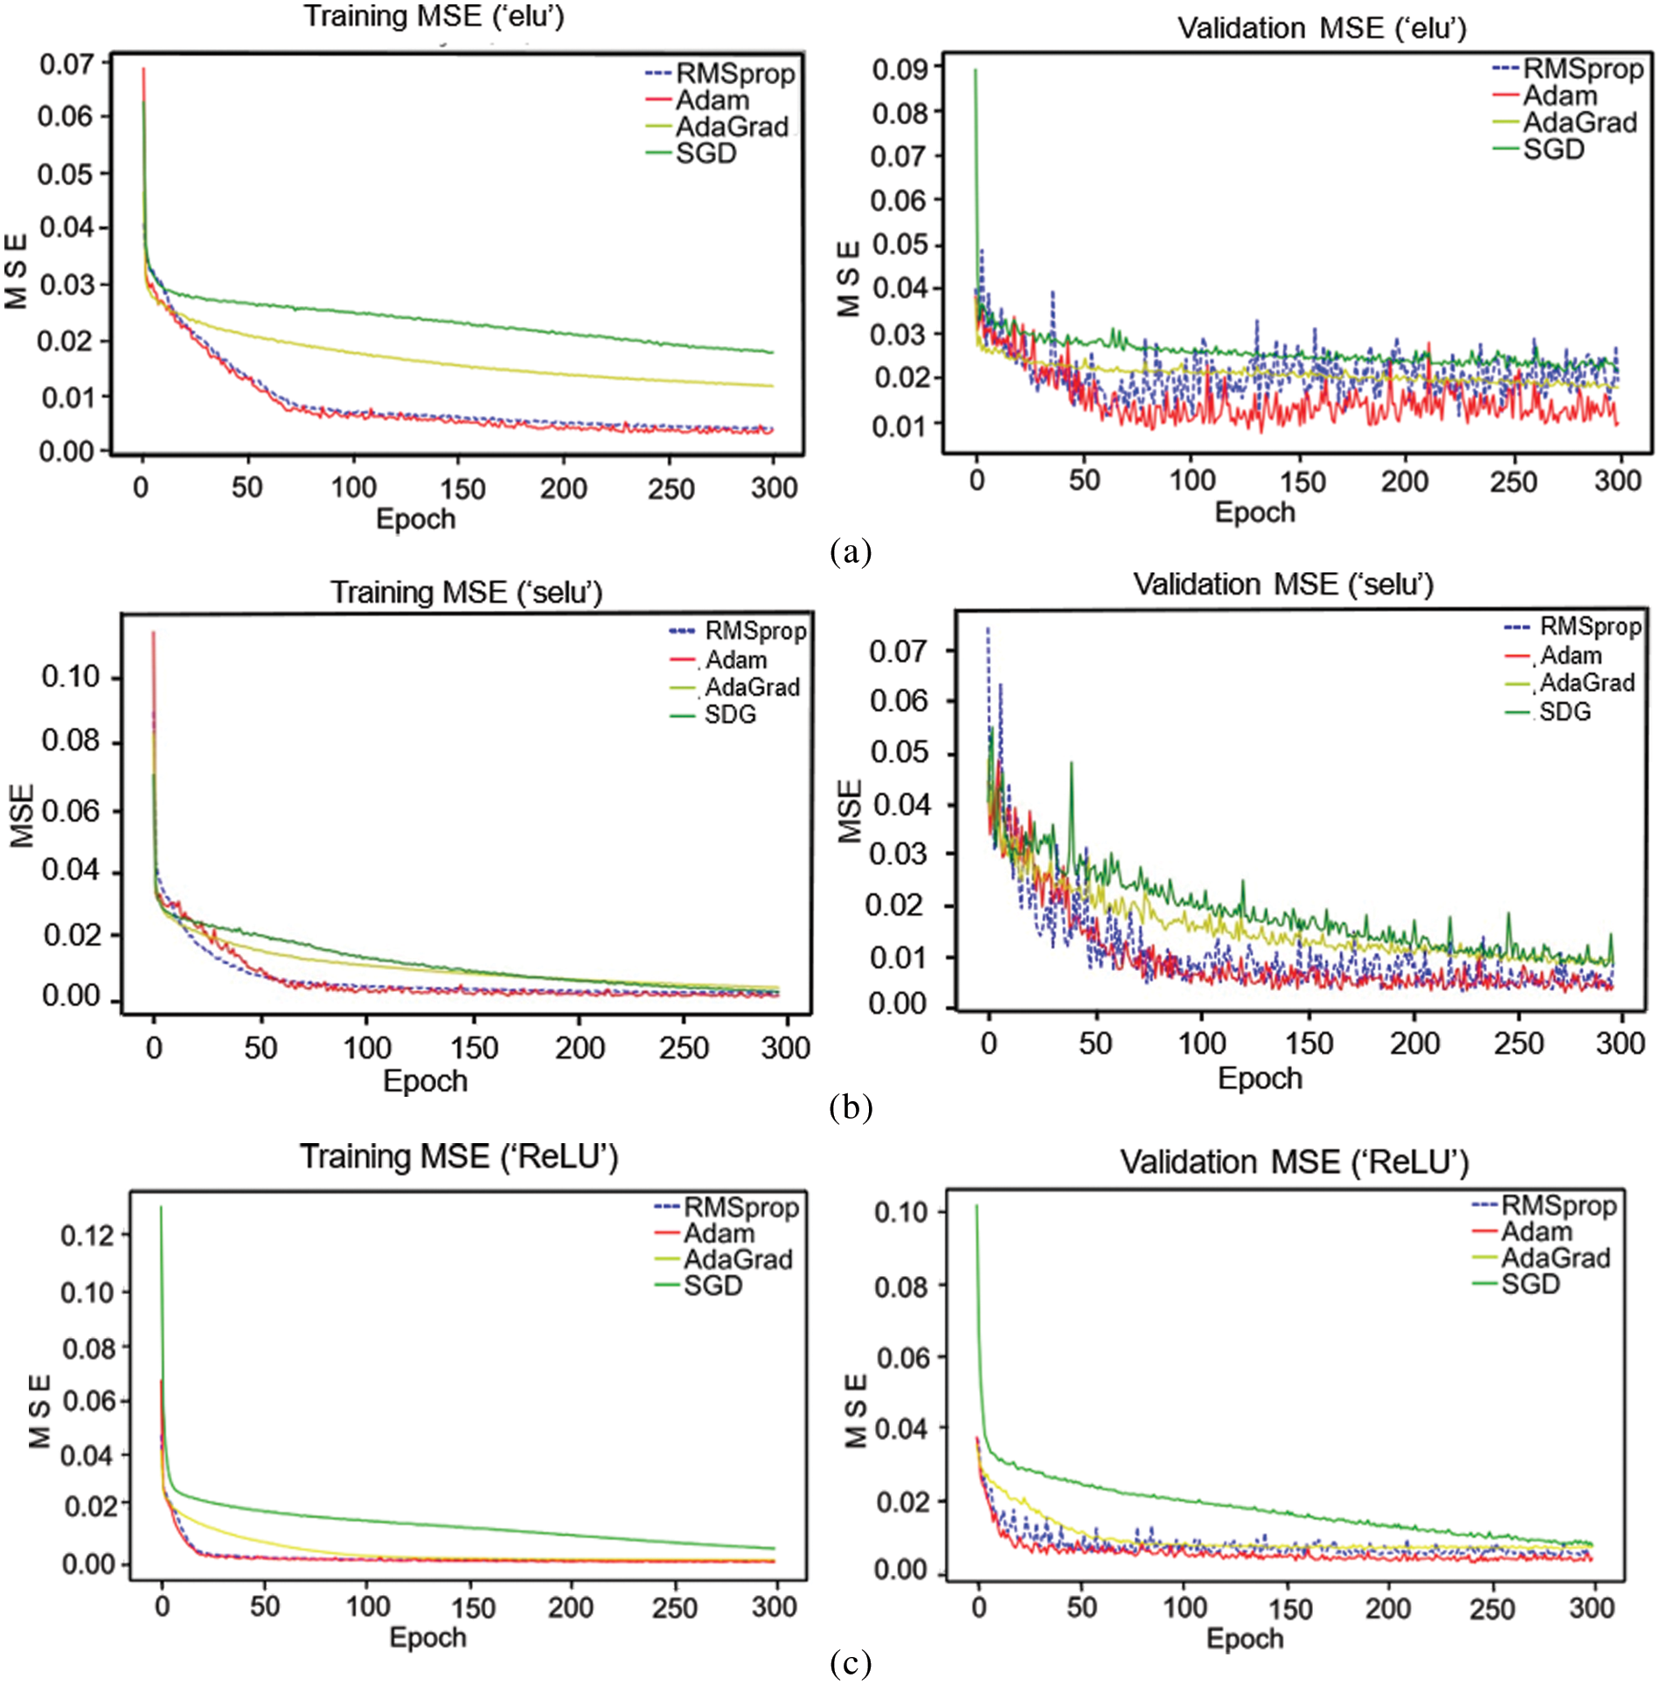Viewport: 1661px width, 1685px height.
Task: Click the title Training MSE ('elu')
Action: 434,17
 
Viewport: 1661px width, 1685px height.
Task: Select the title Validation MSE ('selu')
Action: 1282,584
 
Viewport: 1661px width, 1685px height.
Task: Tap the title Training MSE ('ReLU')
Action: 458,1157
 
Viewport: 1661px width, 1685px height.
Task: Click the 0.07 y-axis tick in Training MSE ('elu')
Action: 66,64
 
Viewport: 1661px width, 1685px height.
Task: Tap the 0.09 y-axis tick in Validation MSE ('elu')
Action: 900,69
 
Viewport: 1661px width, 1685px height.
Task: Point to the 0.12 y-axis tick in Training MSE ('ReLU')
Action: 87,1235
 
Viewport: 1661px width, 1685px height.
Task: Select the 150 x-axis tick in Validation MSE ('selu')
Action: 1308,1043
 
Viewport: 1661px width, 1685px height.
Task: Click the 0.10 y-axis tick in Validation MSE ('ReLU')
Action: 900,1212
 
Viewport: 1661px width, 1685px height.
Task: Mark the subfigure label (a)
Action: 850,551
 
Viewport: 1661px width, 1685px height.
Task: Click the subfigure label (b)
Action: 850,1108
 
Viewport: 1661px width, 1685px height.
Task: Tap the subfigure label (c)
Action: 850,1662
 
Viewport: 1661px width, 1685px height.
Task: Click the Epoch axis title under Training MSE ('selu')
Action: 425,1081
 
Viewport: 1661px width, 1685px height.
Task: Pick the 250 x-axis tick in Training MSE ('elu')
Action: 671,488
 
